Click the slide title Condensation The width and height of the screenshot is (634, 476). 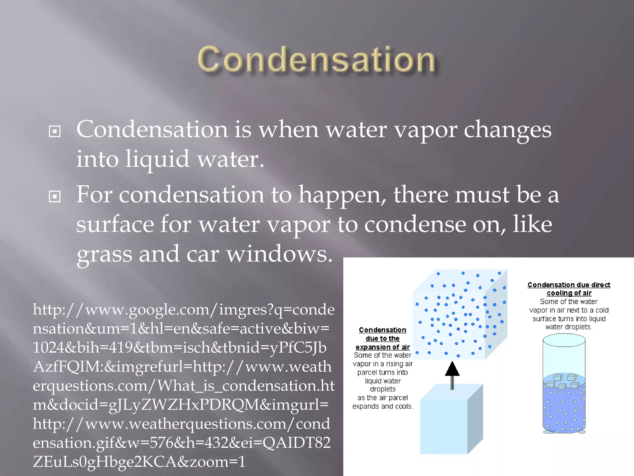point(316,60)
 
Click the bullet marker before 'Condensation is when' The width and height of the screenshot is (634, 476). point(55,131)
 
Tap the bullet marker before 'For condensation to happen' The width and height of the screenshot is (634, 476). point(55,196)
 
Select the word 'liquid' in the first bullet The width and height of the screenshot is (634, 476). point(157,159)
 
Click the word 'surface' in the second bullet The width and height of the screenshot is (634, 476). point(115,224)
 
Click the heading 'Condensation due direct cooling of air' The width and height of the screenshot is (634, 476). point(569,289)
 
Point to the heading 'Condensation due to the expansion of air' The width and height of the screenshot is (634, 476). point(383,338)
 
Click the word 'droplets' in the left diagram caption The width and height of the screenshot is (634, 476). point(383,389)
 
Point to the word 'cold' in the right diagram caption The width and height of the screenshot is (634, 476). point(602,310)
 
